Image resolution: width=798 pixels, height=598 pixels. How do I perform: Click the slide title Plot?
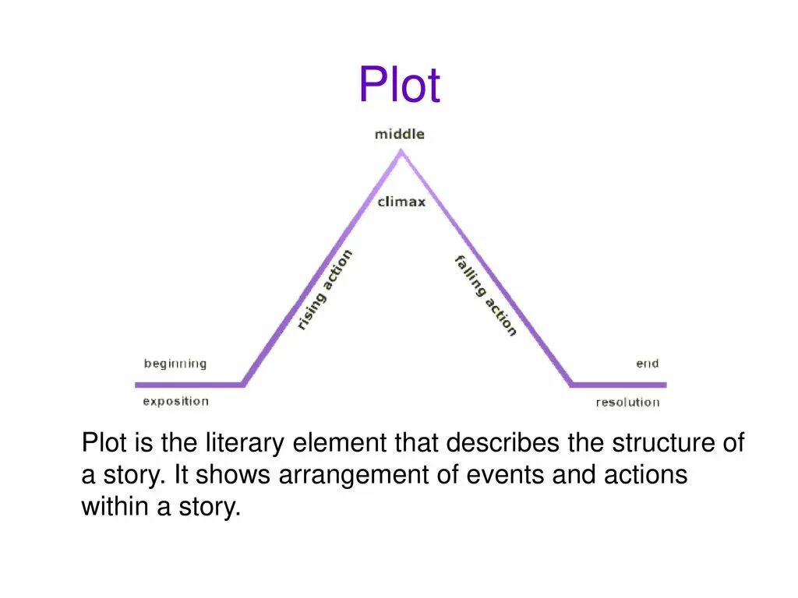(399, 85)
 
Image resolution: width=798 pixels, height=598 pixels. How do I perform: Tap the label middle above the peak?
(400, 134)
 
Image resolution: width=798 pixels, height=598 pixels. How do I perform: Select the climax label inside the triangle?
(401, 202)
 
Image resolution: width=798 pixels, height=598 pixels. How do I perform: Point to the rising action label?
(324, 290)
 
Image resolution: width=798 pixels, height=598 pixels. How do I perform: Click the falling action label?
(486, 295)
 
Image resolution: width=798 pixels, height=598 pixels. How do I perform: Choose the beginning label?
(175, 364)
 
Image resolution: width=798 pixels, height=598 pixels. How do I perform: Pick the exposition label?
(175, 402)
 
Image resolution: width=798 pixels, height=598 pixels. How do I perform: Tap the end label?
(647, 364)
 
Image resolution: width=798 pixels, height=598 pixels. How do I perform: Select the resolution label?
(627, 403)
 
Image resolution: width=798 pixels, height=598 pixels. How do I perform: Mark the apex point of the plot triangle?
(401, 153)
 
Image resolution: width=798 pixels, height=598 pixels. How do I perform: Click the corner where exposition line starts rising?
(243, 384)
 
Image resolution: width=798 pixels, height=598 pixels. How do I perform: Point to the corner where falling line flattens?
(571, 384)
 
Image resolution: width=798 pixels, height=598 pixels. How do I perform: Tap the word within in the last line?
(112, 508)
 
